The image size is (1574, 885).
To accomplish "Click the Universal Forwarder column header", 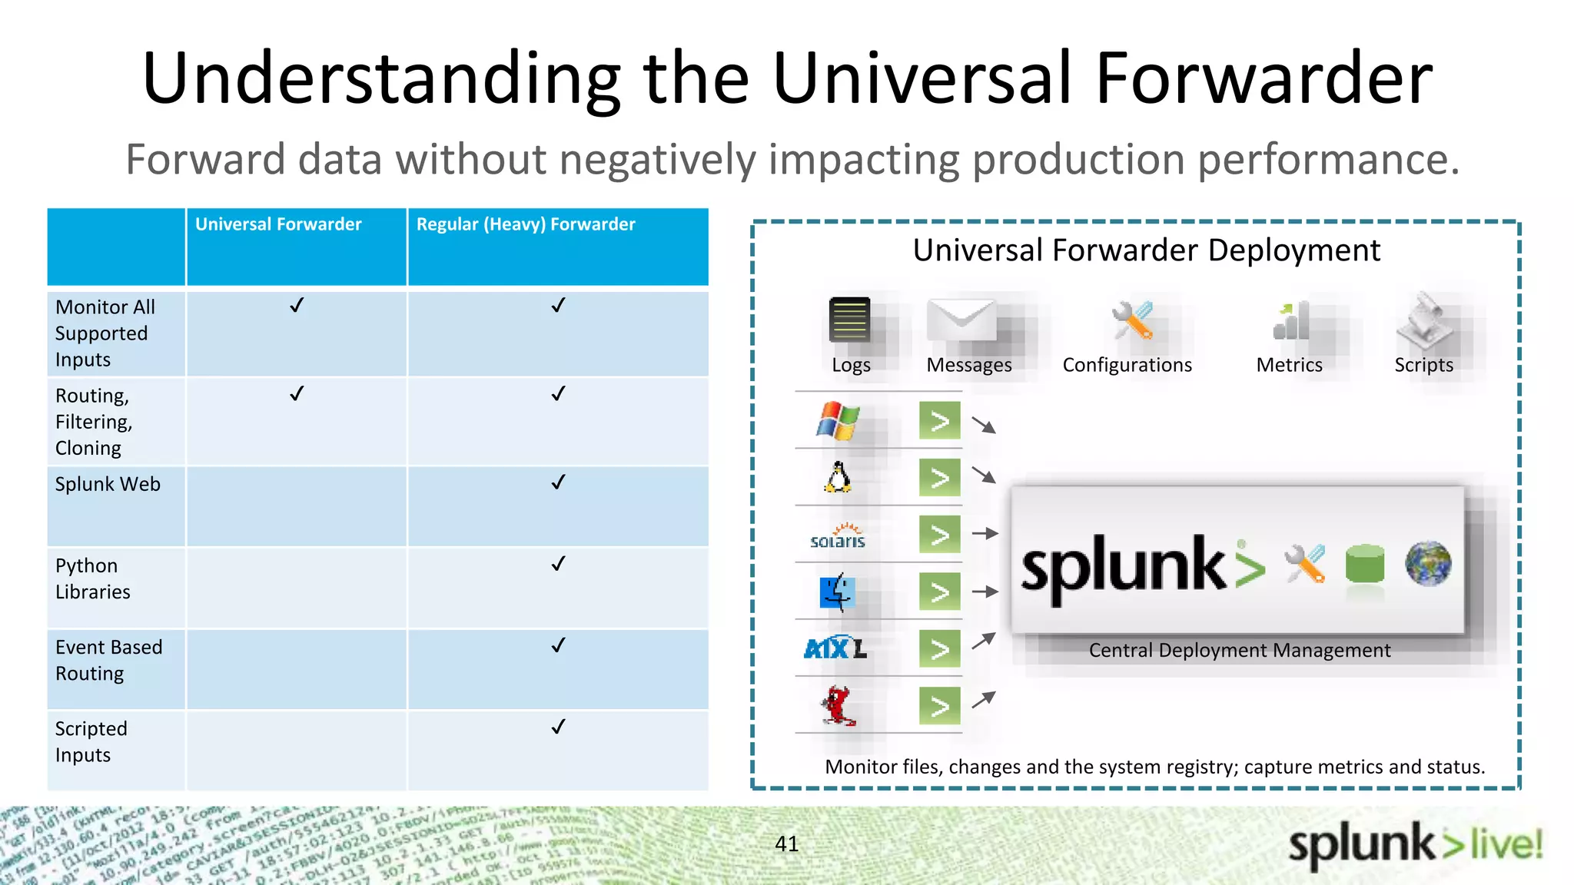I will coord(278,224).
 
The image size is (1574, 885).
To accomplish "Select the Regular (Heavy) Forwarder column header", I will coord(526,224).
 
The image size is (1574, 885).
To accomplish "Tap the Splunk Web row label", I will coord(108,484).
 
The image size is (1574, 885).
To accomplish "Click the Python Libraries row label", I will coord(92,578).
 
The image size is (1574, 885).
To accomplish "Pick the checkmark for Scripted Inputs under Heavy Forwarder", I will coord(558,726).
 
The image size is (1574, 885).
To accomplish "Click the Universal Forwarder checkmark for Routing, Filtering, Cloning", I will coord(297,393).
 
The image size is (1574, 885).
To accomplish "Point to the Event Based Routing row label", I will coord(108,660).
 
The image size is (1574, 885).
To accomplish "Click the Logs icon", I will coord(849,320).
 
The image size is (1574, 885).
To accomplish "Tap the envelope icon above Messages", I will coord(961,320).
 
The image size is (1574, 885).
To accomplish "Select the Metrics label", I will coord(1289,365).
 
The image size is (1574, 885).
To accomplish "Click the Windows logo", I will coord(838,420).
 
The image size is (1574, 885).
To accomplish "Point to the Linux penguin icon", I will coord(838,477).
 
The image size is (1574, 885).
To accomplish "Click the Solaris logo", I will coord(838,535).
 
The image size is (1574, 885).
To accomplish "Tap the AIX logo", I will coord(835,648).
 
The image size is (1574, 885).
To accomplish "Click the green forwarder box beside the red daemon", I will coord(939,705).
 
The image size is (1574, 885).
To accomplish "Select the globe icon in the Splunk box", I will coord(1427,563).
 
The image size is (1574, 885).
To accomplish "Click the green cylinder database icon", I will coord(1365,565).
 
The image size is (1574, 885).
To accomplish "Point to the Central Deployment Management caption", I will coord(1239,651).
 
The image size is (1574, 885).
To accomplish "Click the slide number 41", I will coord(787,844).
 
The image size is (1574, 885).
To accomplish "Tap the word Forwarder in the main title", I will coord(1264,78).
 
